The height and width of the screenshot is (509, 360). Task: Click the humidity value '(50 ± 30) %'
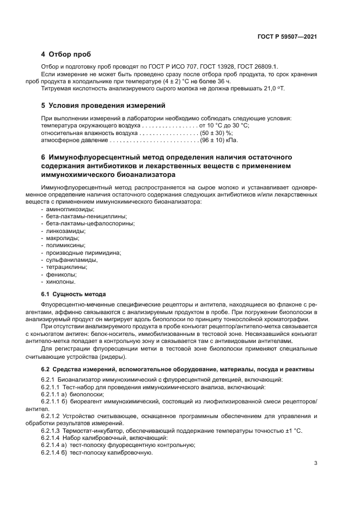(x=216, y=132)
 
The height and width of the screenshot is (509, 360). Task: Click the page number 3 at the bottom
(x=315, y=463)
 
